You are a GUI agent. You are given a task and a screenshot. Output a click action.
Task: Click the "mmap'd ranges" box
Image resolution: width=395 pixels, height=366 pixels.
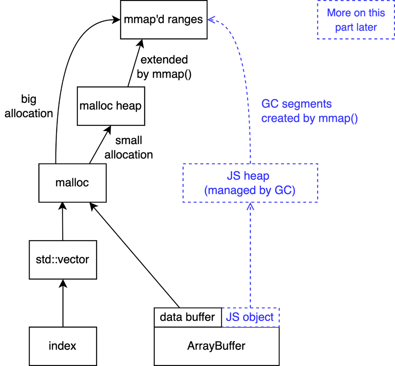pyautogui.click(x=164, y=19)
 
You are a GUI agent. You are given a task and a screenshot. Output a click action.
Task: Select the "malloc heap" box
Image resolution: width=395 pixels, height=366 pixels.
pyautogui.click(x=111, y=106)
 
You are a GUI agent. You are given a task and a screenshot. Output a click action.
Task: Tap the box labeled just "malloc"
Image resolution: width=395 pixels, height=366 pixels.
pyautogui.click(x=72, y=183)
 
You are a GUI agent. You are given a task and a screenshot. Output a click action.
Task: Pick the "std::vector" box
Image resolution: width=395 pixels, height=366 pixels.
pyautogui.click(x=63, y=260)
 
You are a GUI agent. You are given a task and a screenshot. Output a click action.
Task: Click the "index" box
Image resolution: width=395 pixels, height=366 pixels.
pyautogui.click(x=63, y=346)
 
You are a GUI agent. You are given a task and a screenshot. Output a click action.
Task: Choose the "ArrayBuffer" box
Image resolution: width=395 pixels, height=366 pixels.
pyautogui.click(x=216, y=347)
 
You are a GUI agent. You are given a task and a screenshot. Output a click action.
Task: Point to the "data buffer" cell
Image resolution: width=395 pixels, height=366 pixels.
pyautogui.click(x=188, y=317)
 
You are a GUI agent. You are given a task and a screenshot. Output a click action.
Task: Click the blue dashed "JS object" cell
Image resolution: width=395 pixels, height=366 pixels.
pyautogui.click(x=250, y=317)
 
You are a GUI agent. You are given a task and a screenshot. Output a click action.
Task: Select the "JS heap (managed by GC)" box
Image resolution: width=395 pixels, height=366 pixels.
pyautogui.click(x=250, y=183)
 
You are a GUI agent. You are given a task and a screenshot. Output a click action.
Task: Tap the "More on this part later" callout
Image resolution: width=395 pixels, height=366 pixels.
pyautogui.click(x=355, y=20)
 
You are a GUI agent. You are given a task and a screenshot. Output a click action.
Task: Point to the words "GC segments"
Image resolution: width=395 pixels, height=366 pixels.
pyautogui.click(x=296, y=104)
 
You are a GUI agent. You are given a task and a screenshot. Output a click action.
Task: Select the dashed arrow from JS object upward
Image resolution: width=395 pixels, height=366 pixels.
pyautogui.click(x=250, y=259)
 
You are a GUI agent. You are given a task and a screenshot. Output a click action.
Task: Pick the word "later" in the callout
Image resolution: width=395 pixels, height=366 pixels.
pyautogui.click(x=367, y=28)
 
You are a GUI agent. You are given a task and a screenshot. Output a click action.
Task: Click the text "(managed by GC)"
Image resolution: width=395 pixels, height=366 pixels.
pyautogui.click(x=250, y=190)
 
